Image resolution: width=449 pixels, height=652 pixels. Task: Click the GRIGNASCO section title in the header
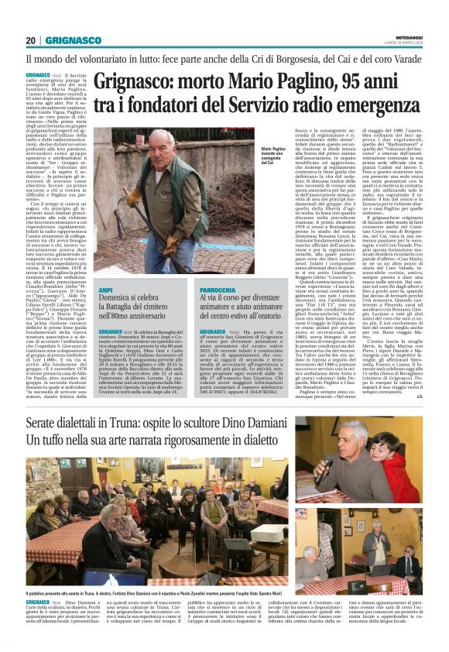(x=74, y=40)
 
